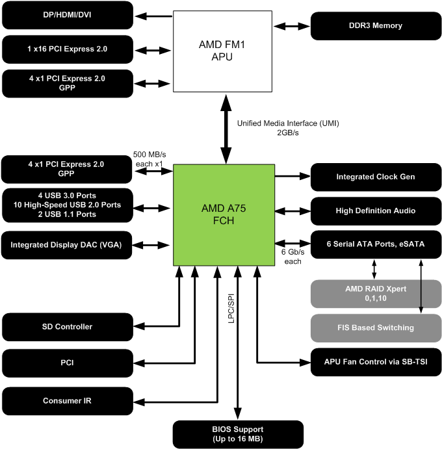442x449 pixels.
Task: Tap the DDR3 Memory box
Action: (x=374, y=26)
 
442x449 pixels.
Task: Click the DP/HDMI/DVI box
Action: (x=68, y=14)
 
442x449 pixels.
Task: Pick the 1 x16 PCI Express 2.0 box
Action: (x=68, y=49)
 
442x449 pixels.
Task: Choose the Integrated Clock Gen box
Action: (x=374, y=177)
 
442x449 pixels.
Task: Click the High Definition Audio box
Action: (x=374, y=211)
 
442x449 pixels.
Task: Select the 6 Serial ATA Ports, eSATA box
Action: (x=374, y=244)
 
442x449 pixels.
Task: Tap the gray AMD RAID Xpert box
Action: (x=374, y=294)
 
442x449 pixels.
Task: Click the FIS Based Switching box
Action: (x=374, y=327)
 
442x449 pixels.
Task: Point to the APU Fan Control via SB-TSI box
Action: (x=374, y=361)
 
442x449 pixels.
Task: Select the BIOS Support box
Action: (x=238, y=434)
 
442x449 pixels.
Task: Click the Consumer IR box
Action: (x=68, y=400)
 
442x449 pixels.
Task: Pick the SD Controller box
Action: (x=68, y=327)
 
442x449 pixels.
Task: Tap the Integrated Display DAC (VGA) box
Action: (x=68, y=245)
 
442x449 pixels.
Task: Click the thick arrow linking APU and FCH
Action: (x=226, y=128)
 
